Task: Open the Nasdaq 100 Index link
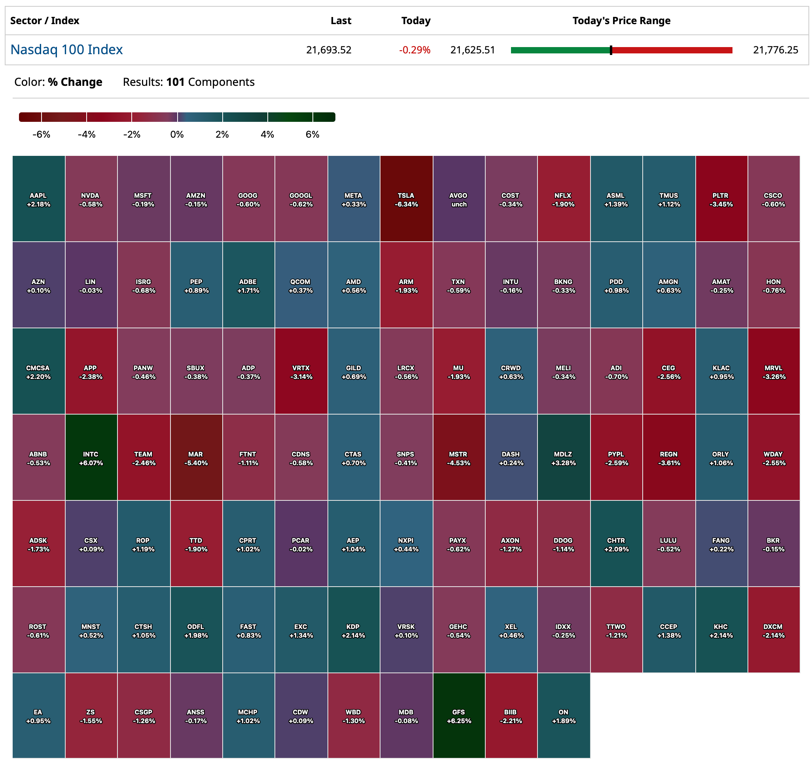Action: click(x=66, y=49)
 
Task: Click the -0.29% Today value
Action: click(x=414, y=50)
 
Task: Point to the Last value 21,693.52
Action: click(x=328, y=50)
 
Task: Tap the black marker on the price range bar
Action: click(x=611, y=50)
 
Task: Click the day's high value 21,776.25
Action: click(x=775, y=50)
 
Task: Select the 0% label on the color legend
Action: click(x=177, y=134)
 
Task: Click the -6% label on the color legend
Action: click(x=42, y=134)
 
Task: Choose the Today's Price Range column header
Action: click(x=621, y=21)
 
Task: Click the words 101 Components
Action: click(x=210, y=82)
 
